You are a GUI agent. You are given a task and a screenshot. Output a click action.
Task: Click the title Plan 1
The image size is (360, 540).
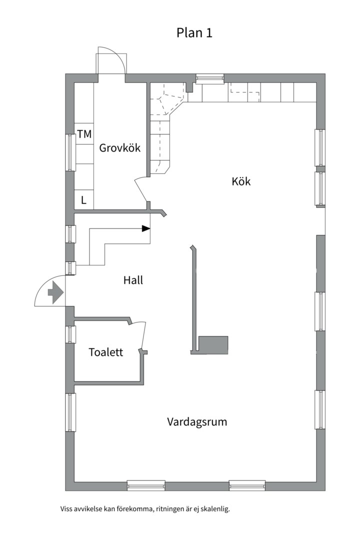coord(194,33)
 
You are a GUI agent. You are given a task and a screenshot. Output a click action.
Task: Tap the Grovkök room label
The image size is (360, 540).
coord(119,148)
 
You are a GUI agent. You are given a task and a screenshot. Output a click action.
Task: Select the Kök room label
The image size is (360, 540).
coord(241,181)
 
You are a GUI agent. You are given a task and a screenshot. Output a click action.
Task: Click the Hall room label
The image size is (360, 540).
coord(133,280)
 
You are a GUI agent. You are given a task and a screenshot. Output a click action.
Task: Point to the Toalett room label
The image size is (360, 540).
coord(105,352)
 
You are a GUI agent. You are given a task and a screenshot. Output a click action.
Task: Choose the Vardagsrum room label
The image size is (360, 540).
coord(197,421)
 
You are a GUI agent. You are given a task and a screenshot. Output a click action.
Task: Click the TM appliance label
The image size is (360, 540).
coord(84,134)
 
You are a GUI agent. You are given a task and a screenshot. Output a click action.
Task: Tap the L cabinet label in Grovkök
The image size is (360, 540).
coord(84,200)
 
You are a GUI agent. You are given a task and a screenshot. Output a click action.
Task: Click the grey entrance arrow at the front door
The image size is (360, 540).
coord(54,292)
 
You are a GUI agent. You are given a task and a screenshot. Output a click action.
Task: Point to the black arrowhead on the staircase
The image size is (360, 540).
coord(145,228)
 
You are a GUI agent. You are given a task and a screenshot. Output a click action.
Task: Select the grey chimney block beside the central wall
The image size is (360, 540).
coord(213,344)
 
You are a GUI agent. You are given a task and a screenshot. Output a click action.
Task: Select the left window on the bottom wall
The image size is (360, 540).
coord(146,484)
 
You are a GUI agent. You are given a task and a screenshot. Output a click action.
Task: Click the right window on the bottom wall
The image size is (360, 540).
coord(247,484)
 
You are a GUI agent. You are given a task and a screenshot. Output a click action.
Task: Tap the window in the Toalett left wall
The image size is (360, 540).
coord(70,334)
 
